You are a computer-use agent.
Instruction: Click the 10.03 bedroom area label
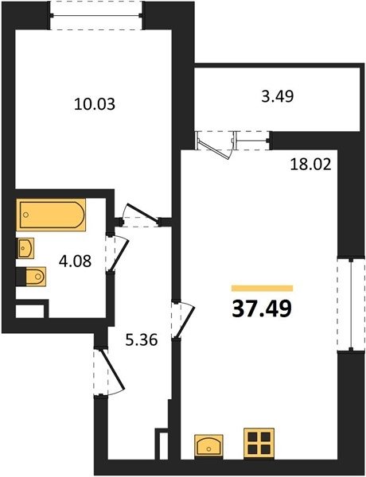[x=95, y=104]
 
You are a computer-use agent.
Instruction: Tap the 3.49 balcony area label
[x=278, y=96]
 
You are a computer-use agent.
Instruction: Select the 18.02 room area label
[x=310, y=165]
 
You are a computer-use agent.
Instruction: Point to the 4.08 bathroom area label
[x=75, y=261]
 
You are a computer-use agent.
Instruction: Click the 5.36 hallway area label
[x=142, y=339]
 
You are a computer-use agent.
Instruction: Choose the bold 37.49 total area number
[x=262, y=308]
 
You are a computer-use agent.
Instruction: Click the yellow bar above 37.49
[x=263, y=288]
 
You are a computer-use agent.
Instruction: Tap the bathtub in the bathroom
[x=51, y=215]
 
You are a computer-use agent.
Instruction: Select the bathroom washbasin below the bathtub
[x=25, y=248]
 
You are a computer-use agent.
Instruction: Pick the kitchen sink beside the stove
[x=209, y=447]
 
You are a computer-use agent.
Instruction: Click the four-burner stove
[x=259, y=444]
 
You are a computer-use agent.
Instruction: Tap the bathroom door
[x=118, y=252]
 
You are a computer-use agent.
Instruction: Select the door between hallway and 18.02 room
[x=183, y=319]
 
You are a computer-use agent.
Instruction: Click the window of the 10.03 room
[x=96, y=16]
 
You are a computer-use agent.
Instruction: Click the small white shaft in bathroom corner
[x=29, y=311]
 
